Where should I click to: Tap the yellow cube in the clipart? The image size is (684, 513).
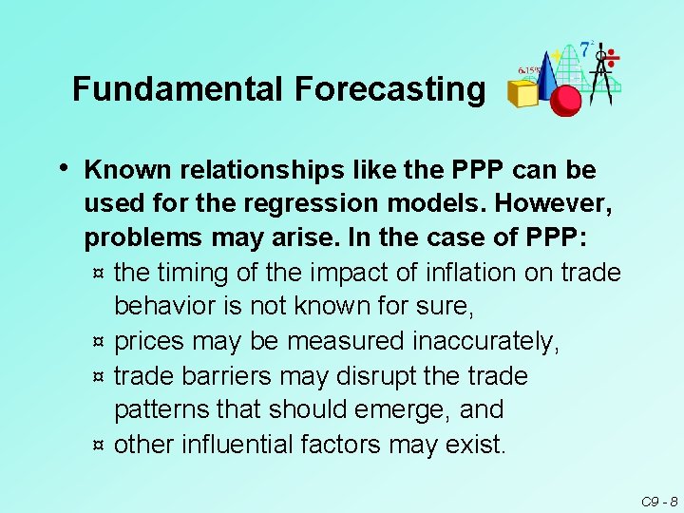click(522, 93)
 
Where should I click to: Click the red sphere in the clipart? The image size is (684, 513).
click(566, 100)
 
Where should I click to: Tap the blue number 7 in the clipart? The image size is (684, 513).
click(586, 48)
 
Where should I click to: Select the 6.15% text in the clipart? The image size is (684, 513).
click(529, 69)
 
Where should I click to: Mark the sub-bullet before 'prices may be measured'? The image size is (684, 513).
click(99, 342)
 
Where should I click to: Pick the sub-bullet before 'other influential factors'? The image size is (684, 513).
click(99, 445)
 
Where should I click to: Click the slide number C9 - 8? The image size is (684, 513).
click(657, 501)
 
